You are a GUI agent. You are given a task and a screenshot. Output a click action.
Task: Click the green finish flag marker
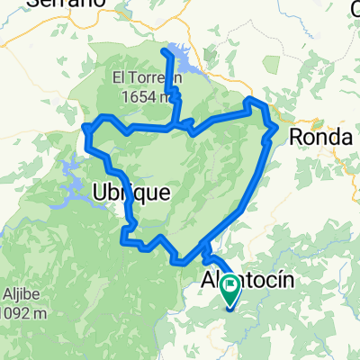(x=229, y=287)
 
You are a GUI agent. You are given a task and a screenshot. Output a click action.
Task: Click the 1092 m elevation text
(x=22, y=312)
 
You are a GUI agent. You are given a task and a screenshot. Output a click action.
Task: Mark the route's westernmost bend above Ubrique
(x=86, y=131)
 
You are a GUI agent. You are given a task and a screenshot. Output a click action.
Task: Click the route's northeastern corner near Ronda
(x=252, y=100)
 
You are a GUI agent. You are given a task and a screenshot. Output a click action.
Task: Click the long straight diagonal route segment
(x=254, y=180)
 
